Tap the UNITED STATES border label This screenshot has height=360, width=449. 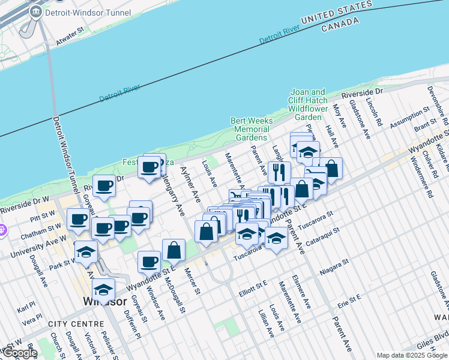pos(336,13)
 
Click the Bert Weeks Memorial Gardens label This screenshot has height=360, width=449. pos(252,129)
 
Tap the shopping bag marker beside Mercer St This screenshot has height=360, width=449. pos(173,250)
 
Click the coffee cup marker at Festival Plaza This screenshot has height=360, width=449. pos(150,167)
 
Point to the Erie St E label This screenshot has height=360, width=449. pos(349,301)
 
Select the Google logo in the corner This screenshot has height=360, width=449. pos(19,353)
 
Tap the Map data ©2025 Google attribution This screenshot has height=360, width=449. pos(412,355)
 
